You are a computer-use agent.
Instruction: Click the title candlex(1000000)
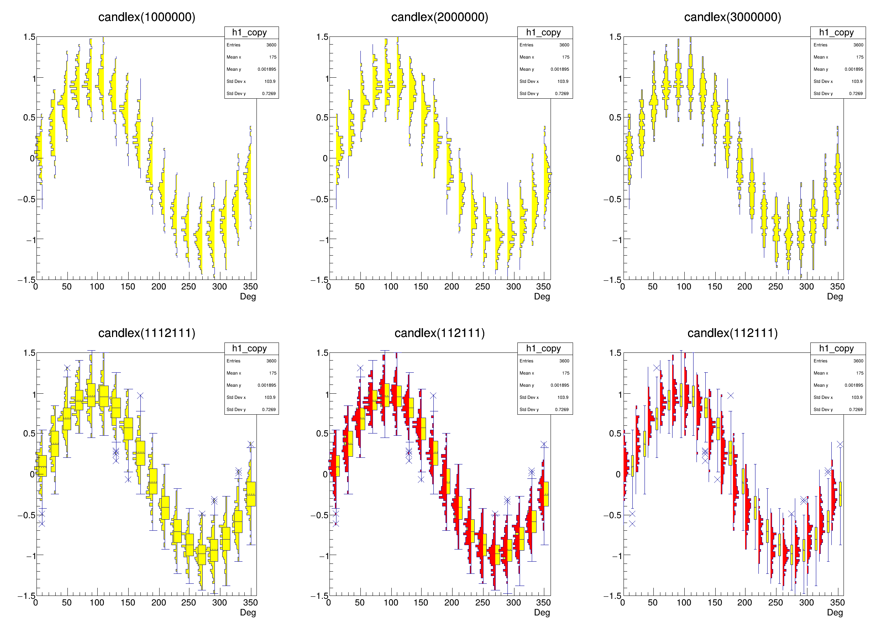pos(147,17)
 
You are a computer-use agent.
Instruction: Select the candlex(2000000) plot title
pos(440,17)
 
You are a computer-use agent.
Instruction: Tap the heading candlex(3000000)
pos(733,17)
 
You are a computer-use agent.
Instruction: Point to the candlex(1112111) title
pos(147,333)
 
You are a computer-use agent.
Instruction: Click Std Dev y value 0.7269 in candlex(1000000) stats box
pos(269,94)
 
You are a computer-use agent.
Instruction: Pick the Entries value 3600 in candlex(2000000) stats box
pos(564,45)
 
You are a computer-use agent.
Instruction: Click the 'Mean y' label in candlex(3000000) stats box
pos(821,69)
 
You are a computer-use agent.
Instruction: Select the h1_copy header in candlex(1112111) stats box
pos(249,348)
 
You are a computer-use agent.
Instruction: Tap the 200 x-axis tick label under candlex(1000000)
pos(158,287)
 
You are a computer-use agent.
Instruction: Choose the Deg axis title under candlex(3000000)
pos(835,296)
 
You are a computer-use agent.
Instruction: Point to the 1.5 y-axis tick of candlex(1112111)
pos(29,353)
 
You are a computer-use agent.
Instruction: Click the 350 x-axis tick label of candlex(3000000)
pos(837,287)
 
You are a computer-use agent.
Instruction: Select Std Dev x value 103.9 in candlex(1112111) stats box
pos(270,397)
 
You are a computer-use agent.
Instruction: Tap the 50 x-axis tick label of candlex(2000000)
pos(360,287)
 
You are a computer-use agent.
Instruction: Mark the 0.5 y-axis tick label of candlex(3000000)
pos(615,117)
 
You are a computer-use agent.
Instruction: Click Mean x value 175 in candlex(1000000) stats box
pos(273,57)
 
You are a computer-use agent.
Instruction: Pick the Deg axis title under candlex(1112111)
pos(248,612)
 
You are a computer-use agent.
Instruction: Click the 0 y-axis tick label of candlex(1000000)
pos(32,158)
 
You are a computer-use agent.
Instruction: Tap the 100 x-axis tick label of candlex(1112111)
pos(97,603)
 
